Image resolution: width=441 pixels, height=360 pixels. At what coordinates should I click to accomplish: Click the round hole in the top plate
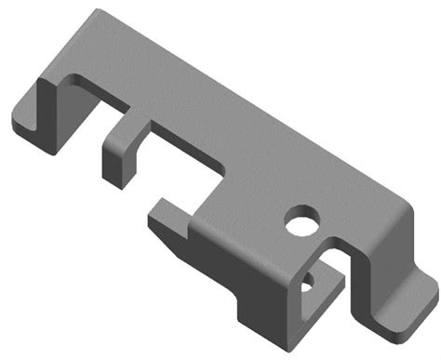point(302,222)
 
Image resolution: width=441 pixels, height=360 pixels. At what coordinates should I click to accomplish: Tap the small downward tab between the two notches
point(119,153)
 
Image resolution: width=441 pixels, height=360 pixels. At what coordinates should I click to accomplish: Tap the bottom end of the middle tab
point(112,177)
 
